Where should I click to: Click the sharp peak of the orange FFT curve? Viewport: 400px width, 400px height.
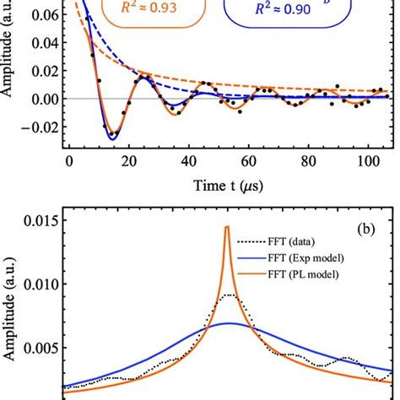[227, 226]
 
